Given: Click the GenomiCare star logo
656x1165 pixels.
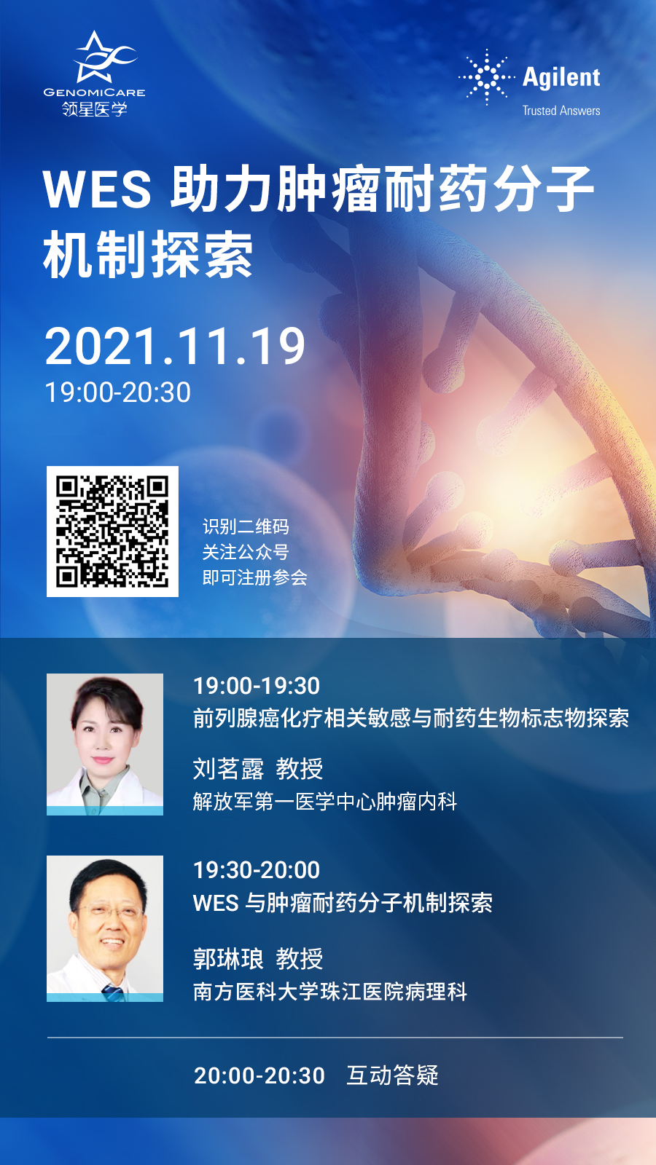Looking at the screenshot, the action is (104, 58).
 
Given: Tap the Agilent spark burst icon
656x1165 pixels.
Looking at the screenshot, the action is (487, 77).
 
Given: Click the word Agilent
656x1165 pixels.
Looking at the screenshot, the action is (561, 78).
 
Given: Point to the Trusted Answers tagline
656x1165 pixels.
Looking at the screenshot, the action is (561, 111).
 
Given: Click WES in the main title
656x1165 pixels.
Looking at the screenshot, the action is (98, 189).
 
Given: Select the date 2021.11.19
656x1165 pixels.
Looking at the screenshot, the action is (175, 347).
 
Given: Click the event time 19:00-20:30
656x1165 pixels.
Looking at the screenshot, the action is (117, 392).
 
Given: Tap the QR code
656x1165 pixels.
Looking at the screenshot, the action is (112, 531).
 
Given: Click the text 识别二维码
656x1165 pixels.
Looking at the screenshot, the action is (246, 526).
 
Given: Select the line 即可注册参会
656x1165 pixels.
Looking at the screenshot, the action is (254, 577).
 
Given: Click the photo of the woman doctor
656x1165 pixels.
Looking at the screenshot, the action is (105, 744).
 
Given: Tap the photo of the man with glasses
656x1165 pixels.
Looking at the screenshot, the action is (105, 928).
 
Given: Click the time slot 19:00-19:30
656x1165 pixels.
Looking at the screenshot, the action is (257, 686).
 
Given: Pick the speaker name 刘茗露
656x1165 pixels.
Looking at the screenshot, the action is (229, 769).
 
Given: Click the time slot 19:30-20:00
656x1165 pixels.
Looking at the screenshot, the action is (257, 870).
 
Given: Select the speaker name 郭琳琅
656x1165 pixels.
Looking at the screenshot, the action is (229, 958).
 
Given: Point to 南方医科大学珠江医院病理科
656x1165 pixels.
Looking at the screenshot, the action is (330, 992).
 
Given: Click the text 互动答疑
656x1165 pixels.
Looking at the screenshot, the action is (393, 1075).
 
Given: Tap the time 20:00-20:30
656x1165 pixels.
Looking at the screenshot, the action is (259, 1075).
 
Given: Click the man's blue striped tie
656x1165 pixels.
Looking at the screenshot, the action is (113, 992).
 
